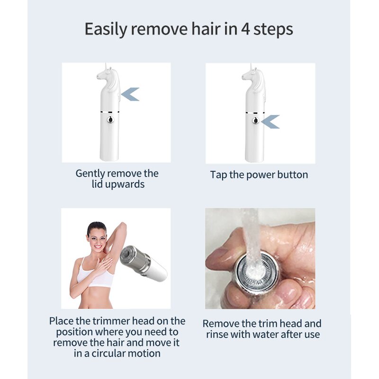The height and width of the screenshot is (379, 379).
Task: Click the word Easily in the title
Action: point(106,29)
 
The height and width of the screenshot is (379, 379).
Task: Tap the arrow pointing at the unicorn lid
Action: point(130,94)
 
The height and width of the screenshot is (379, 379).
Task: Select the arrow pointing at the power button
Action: point(271,122)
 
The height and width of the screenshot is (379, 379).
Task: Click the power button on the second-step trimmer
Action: point(255,120)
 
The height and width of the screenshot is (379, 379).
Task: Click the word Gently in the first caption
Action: point(90,173)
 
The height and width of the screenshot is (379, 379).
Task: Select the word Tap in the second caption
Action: point(218,175)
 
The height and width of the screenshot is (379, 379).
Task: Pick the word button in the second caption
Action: point(292,175)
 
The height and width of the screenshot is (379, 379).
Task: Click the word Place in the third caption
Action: point(62,321)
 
